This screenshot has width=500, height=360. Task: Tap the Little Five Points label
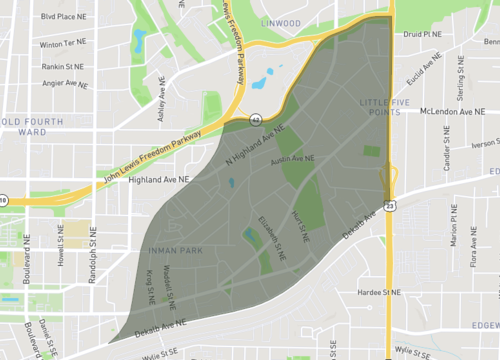click(x=378, y=108)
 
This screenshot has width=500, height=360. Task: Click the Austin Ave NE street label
click(x=293, y=158)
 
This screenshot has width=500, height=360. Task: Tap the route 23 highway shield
click(x=388, y=206)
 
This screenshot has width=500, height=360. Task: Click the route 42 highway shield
click(x=256, y=119)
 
